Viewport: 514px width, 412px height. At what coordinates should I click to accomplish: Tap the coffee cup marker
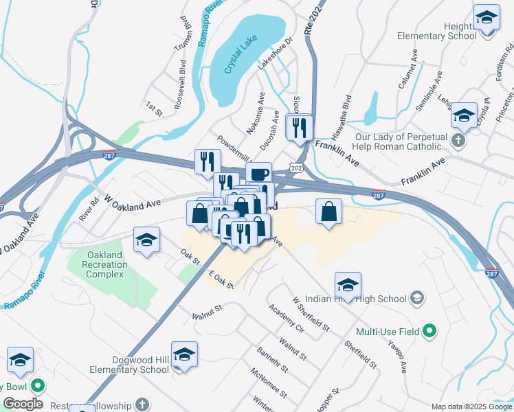[258, 174]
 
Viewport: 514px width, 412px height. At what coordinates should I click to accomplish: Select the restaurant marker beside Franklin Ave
[300, 127]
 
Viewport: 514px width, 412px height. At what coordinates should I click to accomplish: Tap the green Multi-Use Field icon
[430, 332]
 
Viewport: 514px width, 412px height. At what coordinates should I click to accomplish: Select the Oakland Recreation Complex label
[104, 264]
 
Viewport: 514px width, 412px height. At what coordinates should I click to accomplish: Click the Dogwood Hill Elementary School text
[129, 364]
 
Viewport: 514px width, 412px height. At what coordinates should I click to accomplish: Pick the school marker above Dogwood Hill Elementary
[184, 354]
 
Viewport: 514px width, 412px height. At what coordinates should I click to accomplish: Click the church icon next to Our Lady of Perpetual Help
[459, 141]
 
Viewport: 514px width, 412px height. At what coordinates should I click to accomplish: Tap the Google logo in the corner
[23, 404]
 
